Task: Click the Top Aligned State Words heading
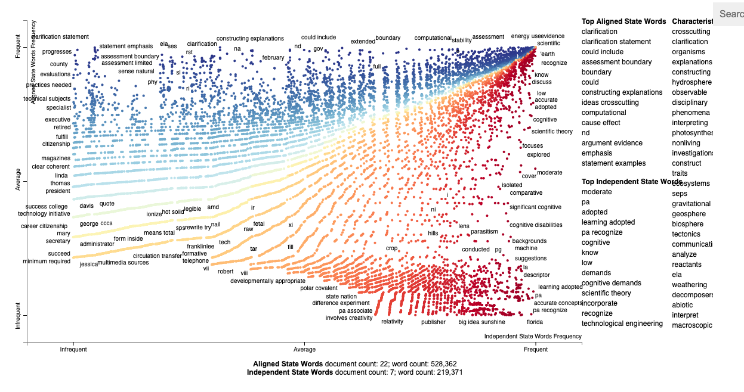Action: click(x=623, y=21)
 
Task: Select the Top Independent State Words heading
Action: click(x=632, y=182)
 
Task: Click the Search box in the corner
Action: click(x=730, y=14)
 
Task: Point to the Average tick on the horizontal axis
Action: click(x=305, y=350)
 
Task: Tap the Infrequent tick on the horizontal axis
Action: click(x=73, y=350)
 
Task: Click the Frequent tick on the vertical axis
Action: click(x=18, y=46)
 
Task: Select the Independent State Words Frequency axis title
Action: click(x=532, y=337)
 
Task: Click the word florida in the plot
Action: click(x=535, y=322)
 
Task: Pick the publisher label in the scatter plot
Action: click(x=433, y=322)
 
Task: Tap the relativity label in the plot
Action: click(x=392, y=322)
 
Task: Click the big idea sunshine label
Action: click(x=481, y=322)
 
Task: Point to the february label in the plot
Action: click(x=273, y=58)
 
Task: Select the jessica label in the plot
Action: click(x=88, y=264)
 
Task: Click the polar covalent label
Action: click(x=319, y=288)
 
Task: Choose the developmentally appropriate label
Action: click(x=268, y=281)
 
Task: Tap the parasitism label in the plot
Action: click(x=484, y=231)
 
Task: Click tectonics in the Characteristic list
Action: click(x=686, y=234)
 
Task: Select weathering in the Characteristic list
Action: click(x=689, y=285)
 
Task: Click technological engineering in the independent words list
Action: click(x=622, y=323)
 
